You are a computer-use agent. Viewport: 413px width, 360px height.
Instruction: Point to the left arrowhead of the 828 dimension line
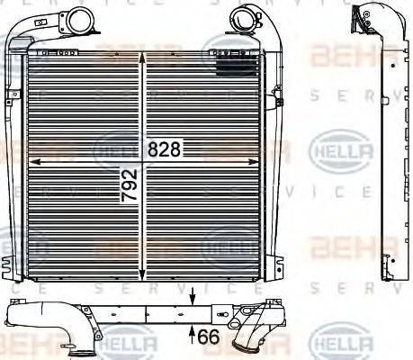33,160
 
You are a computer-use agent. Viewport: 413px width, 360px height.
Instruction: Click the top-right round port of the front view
244,15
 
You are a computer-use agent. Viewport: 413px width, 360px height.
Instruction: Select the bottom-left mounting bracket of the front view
13,265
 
